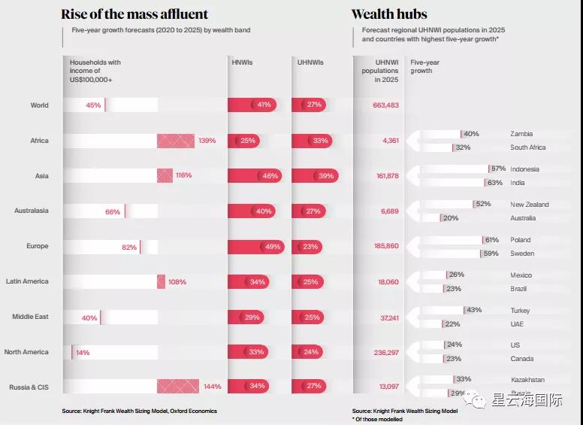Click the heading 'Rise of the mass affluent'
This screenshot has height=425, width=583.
click(x=134, y=14)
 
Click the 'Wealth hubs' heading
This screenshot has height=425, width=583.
click(x=388, y=14)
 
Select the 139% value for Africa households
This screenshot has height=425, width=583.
click(x=207, y=141)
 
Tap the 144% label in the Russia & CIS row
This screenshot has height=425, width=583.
click(x=212, y=387)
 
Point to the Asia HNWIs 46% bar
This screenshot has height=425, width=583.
click(x=252, y=176)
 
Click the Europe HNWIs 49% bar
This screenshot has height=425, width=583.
click(x=255, y=246)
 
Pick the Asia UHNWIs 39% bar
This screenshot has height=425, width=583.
click(x=315, y=176)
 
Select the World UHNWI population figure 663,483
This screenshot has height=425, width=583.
click(x=385, y=105)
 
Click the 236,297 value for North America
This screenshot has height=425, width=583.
click(x=385, y=352)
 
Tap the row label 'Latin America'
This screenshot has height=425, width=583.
click(x=27, y=281)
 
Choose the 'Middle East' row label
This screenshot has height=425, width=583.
click(x=30, y=317)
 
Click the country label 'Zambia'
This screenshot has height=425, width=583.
click(x=521, y=134)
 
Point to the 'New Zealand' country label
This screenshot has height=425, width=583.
click(x=529, y=205)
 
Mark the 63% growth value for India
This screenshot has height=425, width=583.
click(x=495, y=183)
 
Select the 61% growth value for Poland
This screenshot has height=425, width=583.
click(x=492, y=240)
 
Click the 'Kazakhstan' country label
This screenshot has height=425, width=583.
click(x=527, y=380)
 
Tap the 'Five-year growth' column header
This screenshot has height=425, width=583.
click(x=421, y=67)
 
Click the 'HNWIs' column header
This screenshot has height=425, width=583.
click(x=241, y=62)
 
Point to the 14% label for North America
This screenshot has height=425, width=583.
click(x=82, y=352)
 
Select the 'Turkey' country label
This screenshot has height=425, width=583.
click(x=520, y=311)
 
